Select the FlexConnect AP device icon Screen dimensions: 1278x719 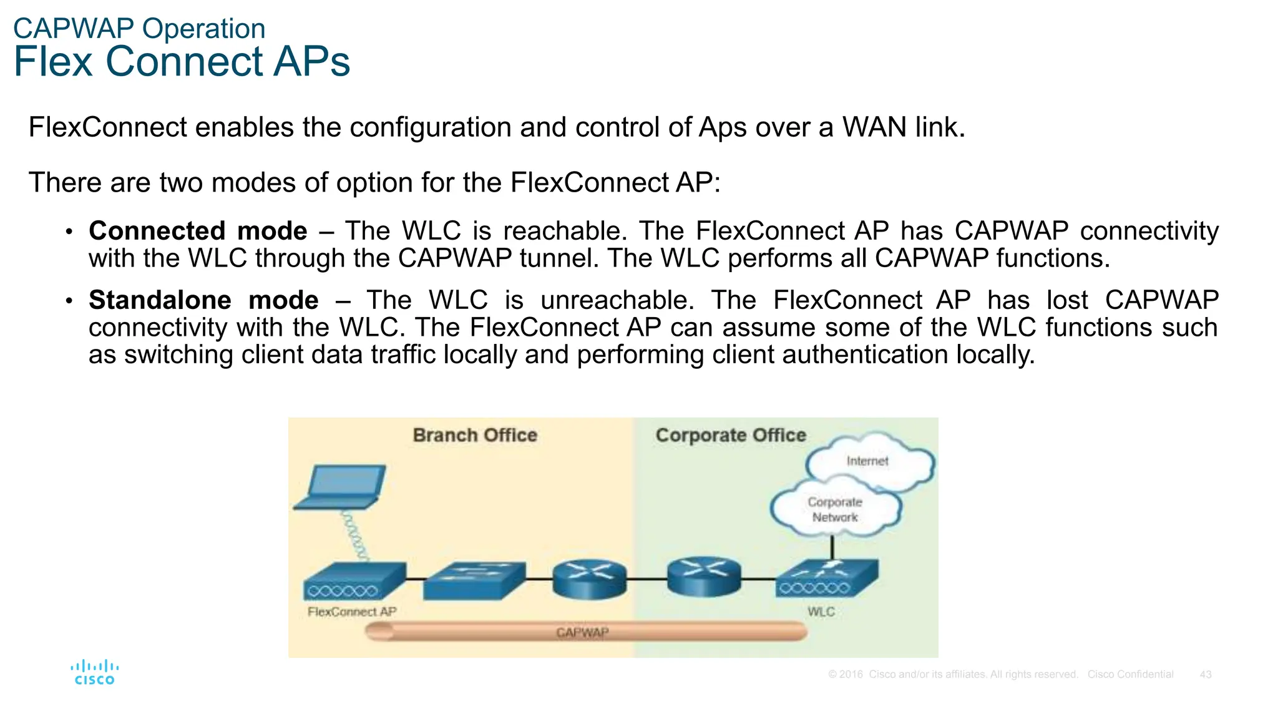tap(354, 581)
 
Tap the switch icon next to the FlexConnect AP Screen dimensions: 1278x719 tap(474, 580)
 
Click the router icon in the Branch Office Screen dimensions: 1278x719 tap(589, 579)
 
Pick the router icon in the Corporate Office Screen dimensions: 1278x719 tap(704, 577)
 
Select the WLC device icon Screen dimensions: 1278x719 tap(827, 578)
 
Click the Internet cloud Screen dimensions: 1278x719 tap(870, 461)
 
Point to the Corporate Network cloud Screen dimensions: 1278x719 tap(835, 509)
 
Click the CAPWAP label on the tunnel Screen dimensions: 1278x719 tap(582, 632)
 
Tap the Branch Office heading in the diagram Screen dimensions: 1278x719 tap(475, 435)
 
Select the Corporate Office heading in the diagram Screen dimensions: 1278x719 tap(731, 435)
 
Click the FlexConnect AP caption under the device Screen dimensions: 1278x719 tap(352, 612)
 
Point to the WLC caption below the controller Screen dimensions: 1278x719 tap(821, 612)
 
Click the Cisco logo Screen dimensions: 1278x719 tap(95, 672)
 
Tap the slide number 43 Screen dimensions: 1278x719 tap(1206, 675)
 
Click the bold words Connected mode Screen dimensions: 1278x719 tap(198, 231)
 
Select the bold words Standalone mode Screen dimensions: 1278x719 tap(203, 300)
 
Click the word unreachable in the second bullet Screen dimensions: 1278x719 tap(617, 300)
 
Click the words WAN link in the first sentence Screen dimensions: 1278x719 tap(904, 127)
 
